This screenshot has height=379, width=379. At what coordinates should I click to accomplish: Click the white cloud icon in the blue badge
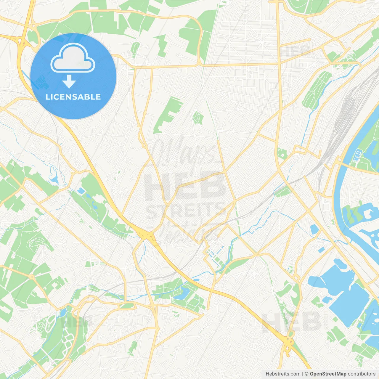[x=73, y=58]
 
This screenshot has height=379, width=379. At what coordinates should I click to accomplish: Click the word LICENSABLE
[x=73, y=97]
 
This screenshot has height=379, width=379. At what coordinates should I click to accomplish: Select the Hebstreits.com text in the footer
[x=283, y=374]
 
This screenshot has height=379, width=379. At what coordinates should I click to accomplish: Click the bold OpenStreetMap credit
[x=328, y=374]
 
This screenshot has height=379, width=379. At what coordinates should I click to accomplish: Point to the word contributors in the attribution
[x=362, y=374]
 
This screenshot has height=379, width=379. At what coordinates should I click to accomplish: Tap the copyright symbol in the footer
[x=307, y=374]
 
